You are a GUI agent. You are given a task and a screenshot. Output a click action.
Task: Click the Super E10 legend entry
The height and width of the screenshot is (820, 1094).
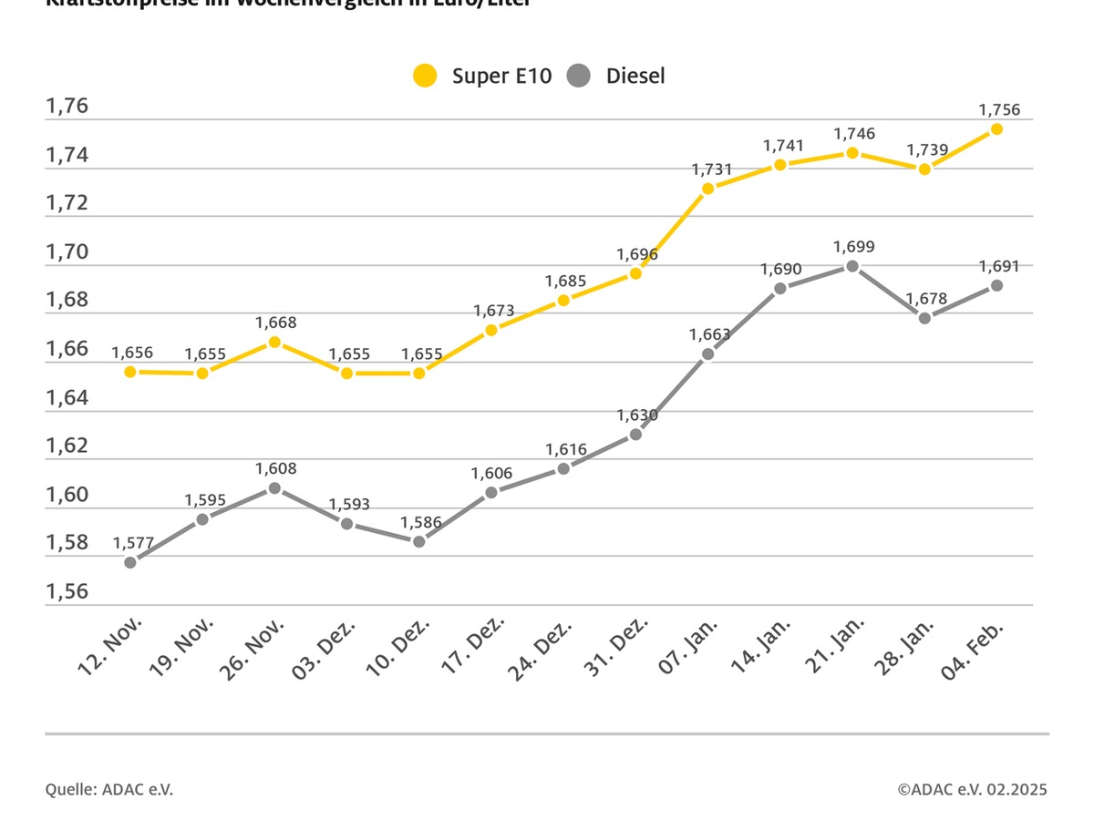pyautogui.click(x=483, y=76)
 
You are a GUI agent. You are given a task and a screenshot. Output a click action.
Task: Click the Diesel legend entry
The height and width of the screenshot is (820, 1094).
pyautogui.click(x=616, y=76)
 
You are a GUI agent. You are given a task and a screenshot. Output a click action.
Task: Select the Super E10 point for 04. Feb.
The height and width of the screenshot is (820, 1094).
pyautogui.click(x=996, y=129)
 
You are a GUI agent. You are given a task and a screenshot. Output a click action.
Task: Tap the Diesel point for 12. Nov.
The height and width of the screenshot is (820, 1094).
pyautogui.click(x=130, y=562)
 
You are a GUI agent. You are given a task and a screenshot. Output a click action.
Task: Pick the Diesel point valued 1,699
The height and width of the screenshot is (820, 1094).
pyautogui.click(x=852, y=266)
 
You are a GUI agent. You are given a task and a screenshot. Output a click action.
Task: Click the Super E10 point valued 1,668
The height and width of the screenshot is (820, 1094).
pyautogui.click(x=274, y=342)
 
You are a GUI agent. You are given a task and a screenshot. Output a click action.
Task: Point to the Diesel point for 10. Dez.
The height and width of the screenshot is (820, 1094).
pyautogui.click(x=419, y=541)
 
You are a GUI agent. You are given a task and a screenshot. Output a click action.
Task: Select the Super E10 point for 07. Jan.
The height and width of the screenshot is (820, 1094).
pyautogui.click(x=708, y=189)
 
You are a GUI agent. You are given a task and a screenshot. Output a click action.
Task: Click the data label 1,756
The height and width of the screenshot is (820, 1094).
pyautogui.click(x=998, y=109)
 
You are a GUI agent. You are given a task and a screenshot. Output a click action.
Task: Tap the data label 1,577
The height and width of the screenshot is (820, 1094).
pyautogui.click(x=134, y=543)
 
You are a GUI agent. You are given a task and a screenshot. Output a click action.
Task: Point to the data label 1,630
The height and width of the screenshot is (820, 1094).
pyautogui.click(x=637, y=415)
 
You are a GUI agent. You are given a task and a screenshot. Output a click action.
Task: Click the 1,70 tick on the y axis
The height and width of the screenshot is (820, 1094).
pyautogui.click(x=67, y=251)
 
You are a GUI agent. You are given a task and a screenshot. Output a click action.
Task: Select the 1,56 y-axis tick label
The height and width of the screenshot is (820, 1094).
pyautogui.click(x=67, y=591)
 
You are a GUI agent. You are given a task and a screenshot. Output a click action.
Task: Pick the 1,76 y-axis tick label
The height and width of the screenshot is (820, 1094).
pyautogui.click(x=67, y=107)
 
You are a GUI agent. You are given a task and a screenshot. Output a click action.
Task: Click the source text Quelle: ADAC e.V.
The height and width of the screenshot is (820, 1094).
pyautogui.click(x=109, y=789)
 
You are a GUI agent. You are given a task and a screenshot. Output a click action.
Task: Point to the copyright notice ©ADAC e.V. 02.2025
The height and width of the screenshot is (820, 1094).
pyautogui.click(x=972, y=789)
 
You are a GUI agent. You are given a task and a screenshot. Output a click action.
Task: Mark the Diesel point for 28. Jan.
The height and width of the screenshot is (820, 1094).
pyautogui.click(x=924, y=318)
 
